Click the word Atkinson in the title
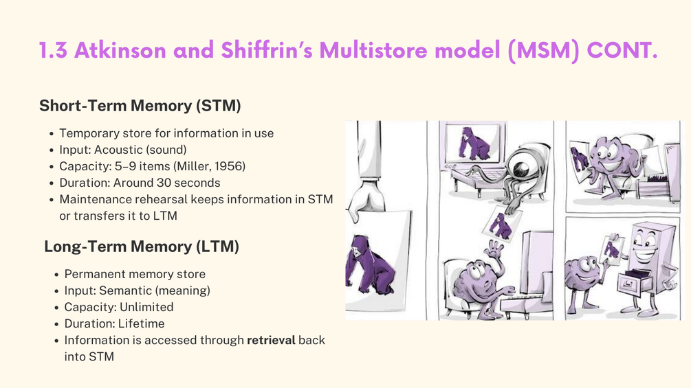120,50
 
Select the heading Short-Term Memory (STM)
140,106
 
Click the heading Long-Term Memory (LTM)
142,247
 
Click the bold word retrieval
271,340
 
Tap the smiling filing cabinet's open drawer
635,282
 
